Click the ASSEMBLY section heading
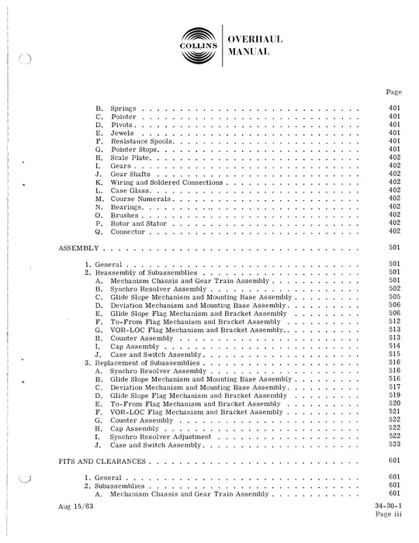[78, 250]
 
